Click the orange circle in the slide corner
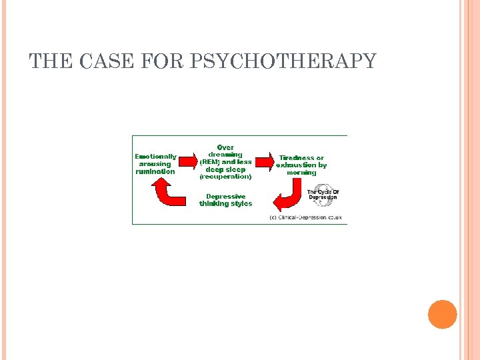(443, 314)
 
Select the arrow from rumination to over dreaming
(190, 161)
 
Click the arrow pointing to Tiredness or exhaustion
(264, 161)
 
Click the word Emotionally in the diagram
(155, 157)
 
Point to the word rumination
(155, 171)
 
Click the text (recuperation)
(225, 177)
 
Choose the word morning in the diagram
(301, 173)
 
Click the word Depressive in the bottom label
(225, 196)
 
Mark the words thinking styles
(225, 204)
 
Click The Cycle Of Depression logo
(323, 194)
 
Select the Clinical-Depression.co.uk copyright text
(305, 217)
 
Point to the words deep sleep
(225, 169)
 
